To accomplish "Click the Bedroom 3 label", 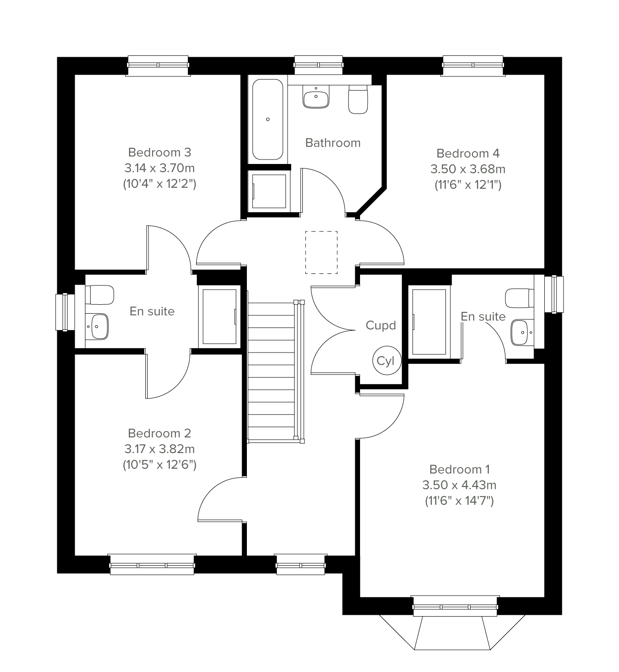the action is click(160, 152).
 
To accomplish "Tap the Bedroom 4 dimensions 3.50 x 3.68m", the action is click(468, 169).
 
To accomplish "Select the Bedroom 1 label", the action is click(459, 469).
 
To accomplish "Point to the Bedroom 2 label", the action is click(160, 433).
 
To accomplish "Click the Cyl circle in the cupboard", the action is click(386, 361).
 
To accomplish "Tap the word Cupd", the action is click(381, 325).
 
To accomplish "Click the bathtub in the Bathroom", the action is click(267, 119).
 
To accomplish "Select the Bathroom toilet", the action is click(358, 99).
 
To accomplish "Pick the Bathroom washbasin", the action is click(316, 97).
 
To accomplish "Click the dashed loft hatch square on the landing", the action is click(321, 252).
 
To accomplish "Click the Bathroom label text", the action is click(333, 143).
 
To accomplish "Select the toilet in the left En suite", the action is click(100, 295).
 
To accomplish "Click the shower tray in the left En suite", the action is click(220, 317).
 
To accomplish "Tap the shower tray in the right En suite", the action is click(429, 322).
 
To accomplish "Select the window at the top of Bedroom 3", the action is click(158, 66).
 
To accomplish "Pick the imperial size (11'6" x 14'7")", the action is click(459, 500).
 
